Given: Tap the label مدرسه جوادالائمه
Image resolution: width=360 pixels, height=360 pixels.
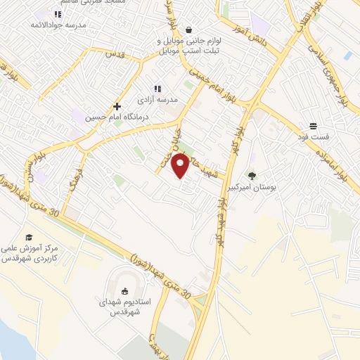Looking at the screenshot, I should (65, 25).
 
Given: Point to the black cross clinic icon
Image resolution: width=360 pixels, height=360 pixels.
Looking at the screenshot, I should (117, 106).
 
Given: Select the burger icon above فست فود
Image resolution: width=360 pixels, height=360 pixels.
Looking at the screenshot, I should (312, 127).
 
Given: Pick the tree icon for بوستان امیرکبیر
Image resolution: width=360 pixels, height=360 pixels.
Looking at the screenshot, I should (252, 176).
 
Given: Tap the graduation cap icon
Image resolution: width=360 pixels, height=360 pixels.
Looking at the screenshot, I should (29, 238).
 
